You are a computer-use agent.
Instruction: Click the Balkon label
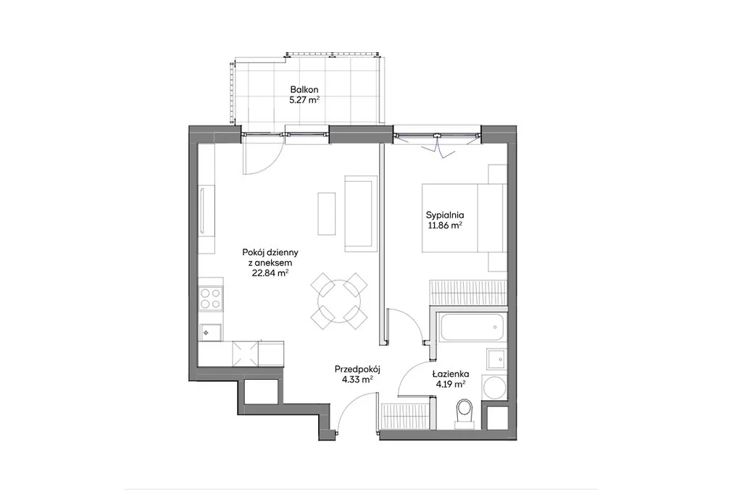click(x=304, y=89)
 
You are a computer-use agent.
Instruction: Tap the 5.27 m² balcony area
click(x=304, y=100)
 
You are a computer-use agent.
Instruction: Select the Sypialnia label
click(x=445, y=215)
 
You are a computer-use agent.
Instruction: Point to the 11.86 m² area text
click(x=445, y=226)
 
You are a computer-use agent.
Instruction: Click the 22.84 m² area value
click(x=270, y=273)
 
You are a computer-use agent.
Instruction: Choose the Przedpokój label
click(x=358, y=369)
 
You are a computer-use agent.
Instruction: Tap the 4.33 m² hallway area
click(x=358, y=379)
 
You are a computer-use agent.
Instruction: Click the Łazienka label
click(x=450, y=374)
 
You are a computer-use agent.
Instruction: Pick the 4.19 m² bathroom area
click(x=450, y=384)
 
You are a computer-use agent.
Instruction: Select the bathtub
click(x=471, y=326)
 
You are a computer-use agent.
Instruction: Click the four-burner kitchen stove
click(x=211, y=298)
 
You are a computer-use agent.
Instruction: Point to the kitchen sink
click(x=211, y=332)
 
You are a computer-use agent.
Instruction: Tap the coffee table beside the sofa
click(x=327, y=213)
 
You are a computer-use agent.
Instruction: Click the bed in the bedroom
click(x=464, y=218)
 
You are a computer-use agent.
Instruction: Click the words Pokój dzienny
click(x=270, y=252)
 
